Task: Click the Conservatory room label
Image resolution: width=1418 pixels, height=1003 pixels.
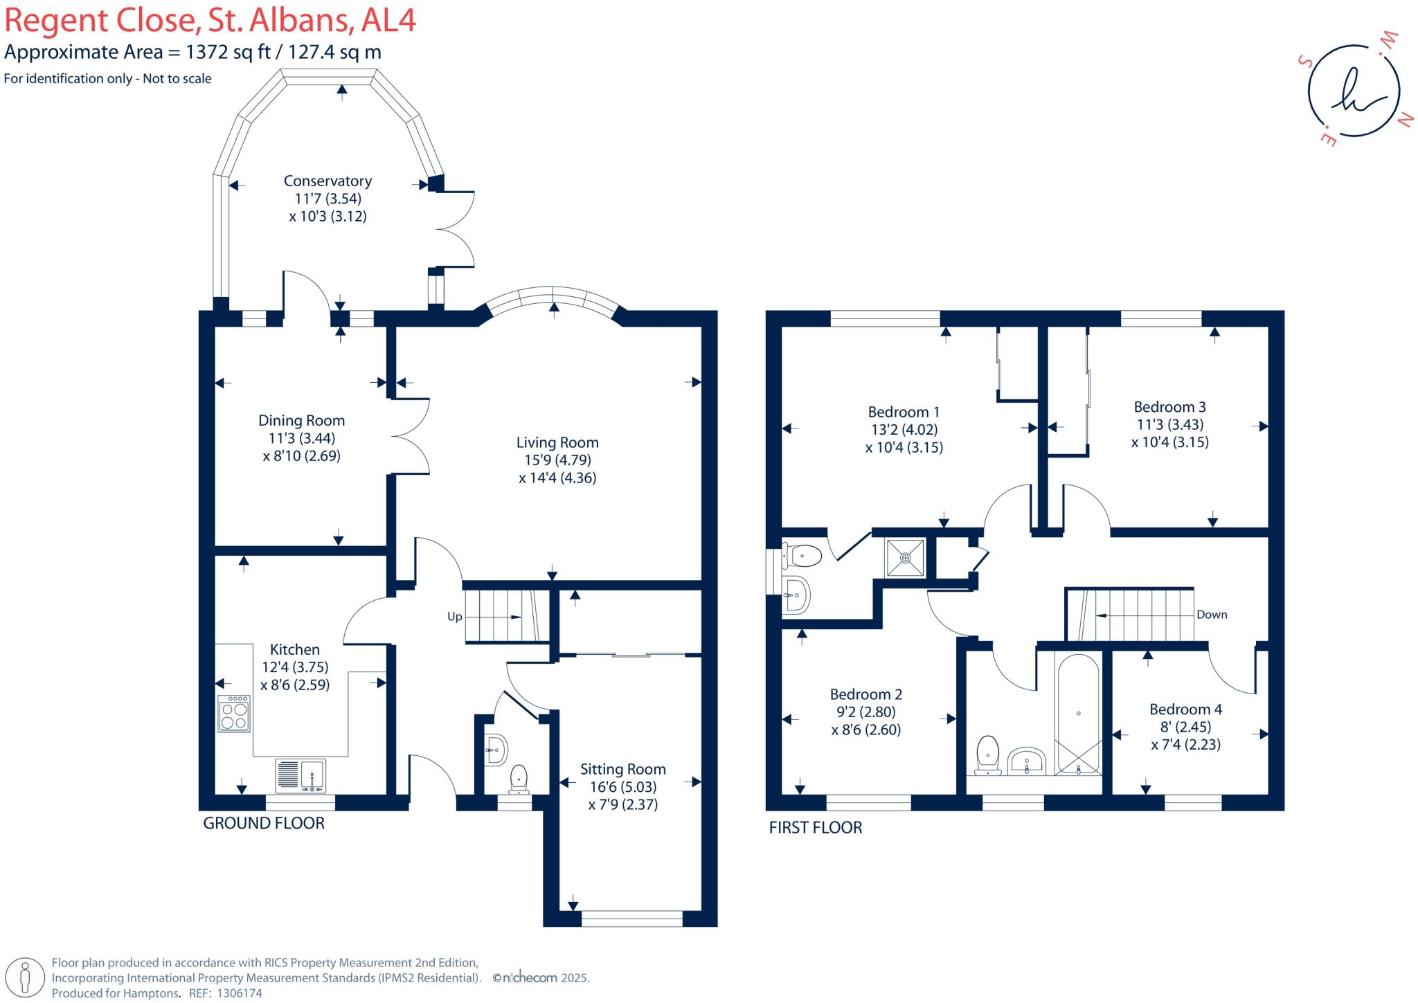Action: click(327, 181)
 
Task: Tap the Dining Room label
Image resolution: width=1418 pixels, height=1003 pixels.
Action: click(301, 420)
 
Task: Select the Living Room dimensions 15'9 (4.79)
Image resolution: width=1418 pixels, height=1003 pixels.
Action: click(557, 460)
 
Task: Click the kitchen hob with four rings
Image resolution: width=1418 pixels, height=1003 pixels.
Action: click(234, 714)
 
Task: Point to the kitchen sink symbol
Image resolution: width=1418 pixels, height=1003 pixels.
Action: click(300, 775)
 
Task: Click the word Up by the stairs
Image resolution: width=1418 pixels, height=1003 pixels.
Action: click(454, 617)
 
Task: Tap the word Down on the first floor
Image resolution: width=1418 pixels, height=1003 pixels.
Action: click(1212, 615)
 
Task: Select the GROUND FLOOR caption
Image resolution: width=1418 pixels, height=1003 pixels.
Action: click(264, 824)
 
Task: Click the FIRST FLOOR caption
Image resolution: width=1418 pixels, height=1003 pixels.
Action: click(816, 828)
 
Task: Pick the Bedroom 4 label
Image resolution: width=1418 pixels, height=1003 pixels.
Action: click(1185, 710)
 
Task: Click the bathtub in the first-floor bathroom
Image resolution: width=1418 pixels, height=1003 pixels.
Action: click(1078, 713)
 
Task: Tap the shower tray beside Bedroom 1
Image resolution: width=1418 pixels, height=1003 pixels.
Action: click(905, 557)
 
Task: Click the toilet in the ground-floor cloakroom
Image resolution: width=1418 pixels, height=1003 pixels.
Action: click(519, 778)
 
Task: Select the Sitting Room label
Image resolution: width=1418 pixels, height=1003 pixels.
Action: click(622, 769)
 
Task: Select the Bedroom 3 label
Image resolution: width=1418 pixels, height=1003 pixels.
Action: click(1169, 407)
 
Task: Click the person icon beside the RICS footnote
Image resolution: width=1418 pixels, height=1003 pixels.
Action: click(25, 978)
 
